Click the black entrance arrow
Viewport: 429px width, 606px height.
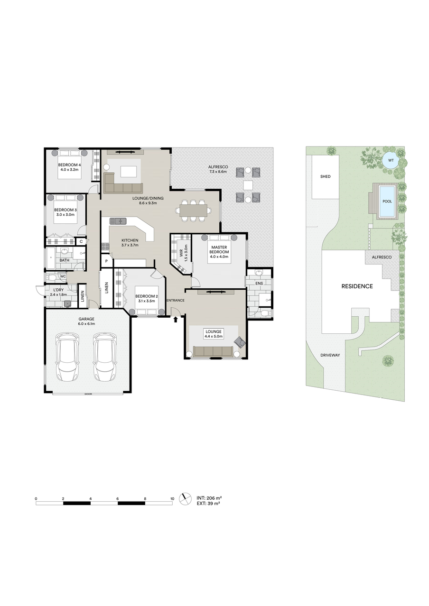click(176, 320)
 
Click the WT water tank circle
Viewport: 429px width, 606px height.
click(391, 160)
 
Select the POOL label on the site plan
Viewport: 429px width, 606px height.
click(387, 201)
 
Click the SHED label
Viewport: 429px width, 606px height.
click(325, 176)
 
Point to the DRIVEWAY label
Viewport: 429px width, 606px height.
click(330, 355)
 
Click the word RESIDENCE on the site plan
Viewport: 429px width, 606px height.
click(357, 286)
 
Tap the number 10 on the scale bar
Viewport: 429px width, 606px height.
click(172, 491)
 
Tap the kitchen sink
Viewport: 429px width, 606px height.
click(118, 221)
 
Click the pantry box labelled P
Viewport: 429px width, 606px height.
click(106, 261)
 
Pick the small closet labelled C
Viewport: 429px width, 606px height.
click(81, 241)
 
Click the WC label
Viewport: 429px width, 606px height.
click(63, 276)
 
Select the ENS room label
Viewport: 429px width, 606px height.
click(259, 283)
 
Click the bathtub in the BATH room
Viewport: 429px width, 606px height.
click(51, 258)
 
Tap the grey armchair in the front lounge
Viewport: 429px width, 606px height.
click(240, 342)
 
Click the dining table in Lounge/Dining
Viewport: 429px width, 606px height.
click(193, 211)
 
